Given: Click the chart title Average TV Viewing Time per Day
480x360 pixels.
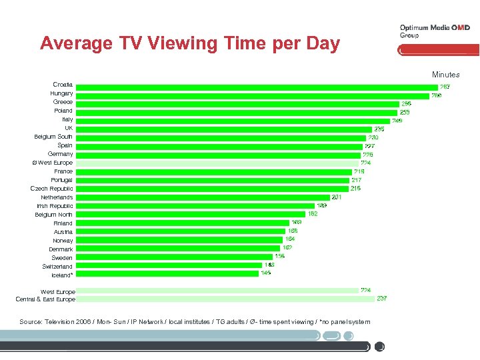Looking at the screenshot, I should point(189,44).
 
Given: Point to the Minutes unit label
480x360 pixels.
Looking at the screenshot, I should point(445,75).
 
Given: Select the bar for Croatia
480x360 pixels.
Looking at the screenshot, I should point(256,86).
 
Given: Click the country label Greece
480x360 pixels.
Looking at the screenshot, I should point(63,103).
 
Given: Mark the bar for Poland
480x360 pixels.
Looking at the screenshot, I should point(237,112).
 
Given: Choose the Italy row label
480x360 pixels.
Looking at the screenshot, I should point(67,120).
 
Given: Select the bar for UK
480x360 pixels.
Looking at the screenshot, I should point(224,129).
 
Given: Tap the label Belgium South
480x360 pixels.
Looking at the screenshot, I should point(53,137).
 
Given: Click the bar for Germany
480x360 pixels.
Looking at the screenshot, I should point(217,155).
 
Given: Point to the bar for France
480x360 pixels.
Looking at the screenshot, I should point(213,172).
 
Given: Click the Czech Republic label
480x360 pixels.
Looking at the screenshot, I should point(51,189).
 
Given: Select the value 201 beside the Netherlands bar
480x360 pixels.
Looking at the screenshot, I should point(337,197).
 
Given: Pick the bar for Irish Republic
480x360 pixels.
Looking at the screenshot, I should point(195,207).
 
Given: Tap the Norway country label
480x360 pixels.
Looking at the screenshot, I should point(63,241).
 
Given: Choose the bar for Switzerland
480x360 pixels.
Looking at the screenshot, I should point(169,266).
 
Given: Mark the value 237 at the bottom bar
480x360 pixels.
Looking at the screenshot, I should point(382,299).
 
